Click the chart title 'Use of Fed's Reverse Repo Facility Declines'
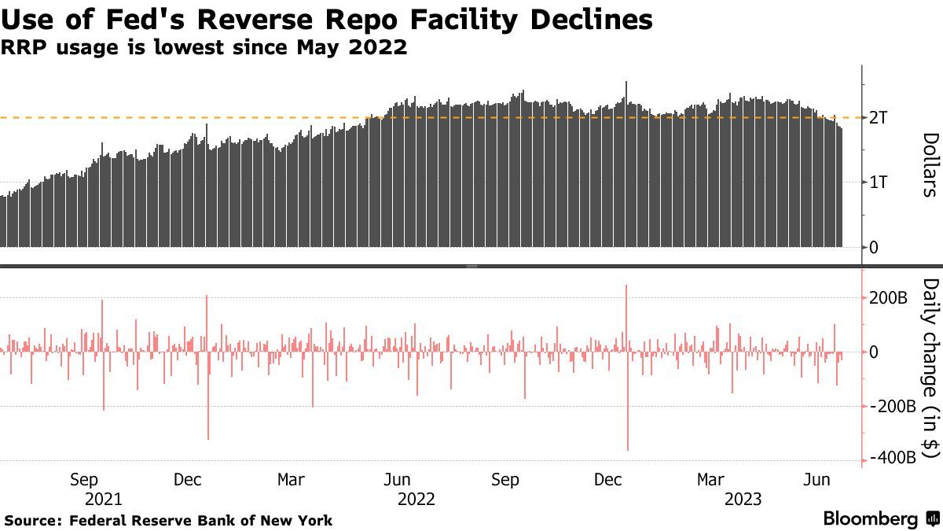[x=326, y=19]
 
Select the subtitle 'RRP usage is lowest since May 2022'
[x=204, y=47]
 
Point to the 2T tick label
[x=879, y=118]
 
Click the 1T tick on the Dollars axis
[x=879, y=183]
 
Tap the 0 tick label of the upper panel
[x=874, y=248]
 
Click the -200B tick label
[x=892, y=407]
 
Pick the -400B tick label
[x=892, y=459]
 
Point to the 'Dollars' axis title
[x=930, y=164]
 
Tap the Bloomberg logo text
[x=870, y=519]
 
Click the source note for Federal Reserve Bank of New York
[x=169, y=521]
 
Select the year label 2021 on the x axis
[x=103, y=499]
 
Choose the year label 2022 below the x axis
[x=416, y=499]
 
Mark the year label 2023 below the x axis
[x=743, y=499]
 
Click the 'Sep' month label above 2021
[x=84, y=480]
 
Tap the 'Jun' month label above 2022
[x=398, y=480]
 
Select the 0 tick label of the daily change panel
[x=874, y=352]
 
